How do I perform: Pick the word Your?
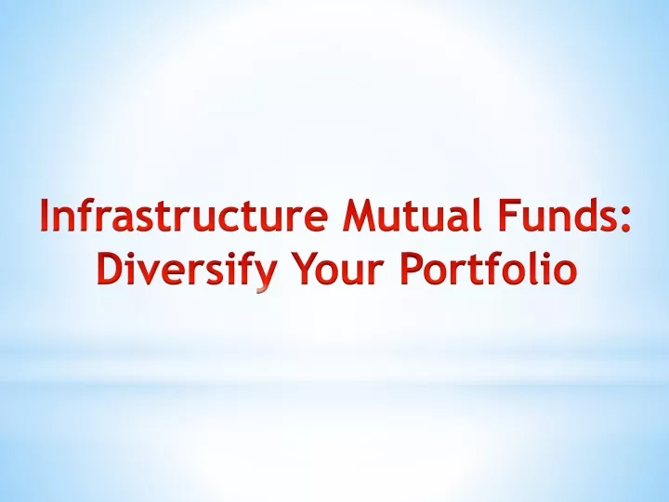pyautogui.click(x=335, y=269)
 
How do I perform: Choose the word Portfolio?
pyautogui.click(x=489, y=267)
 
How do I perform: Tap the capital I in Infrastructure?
pyautogui.click(x=45, y=215)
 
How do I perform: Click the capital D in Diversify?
pyautogui.click(x=111, y=269)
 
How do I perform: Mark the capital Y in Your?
pyautogui.click(x=305, y=269)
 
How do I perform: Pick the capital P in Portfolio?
pyautogui.click(x=412, y=269)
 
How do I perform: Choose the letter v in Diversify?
pyautogui.click(x=149, y=272)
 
